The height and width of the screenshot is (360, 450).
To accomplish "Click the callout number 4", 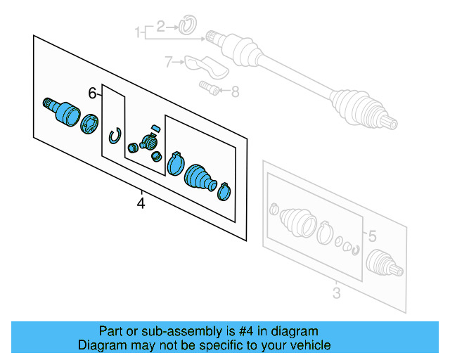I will coord(141,204).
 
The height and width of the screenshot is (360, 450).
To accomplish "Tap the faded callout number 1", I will coord(139,31).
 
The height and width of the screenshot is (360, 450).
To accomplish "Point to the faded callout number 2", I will coord(160,27).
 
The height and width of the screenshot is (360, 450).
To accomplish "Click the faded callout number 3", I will coord(335,293).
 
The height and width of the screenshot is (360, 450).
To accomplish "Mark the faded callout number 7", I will coord(169,63).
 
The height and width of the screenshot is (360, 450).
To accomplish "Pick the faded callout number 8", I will coord(234,90).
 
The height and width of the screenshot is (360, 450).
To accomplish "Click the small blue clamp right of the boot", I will coord(224,190).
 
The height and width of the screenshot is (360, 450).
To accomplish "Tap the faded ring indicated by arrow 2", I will coord(186,27).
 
